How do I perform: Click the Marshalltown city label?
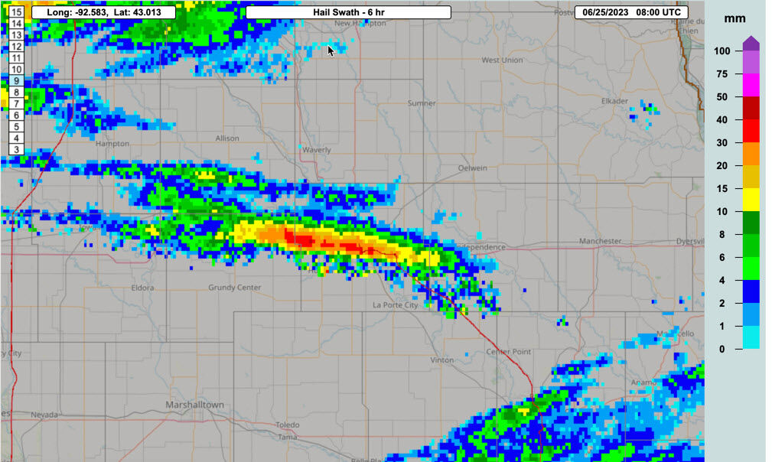195,405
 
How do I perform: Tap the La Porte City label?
395,305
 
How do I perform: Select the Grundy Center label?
235,288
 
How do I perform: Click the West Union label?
502,60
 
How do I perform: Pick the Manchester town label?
600,241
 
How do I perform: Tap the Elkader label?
614,101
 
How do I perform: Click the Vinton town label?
442,360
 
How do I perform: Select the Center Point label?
509,352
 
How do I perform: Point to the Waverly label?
317,150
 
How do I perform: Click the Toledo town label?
288,425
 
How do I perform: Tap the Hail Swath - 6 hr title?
349,12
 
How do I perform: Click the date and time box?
630,12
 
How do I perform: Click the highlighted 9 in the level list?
16,80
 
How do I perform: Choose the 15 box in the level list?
16,12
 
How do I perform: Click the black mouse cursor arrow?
331,50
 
